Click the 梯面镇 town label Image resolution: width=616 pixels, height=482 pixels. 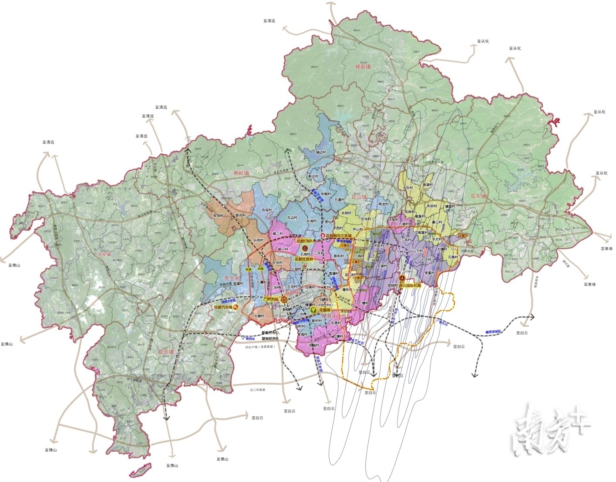point(362,67)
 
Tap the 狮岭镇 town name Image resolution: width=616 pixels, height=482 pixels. point(241,173)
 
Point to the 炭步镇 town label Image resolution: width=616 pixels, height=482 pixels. point(166,351)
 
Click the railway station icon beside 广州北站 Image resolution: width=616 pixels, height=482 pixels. point(284,299)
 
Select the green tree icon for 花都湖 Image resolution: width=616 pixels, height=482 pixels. point(313,310)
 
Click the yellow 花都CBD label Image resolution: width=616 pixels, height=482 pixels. point(305,241)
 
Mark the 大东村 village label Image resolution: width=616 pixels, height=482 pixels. point(408,188)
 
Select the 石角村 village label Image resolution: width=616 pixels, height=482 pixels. point(453,257)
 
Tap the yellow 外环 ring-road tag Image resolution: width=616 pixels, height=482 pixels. point(249,270)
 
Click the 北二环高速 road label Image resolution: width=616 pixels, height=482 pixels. point(257,390)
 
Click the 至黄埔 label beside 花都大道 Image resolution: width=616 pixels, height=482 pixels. point(606,248)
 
